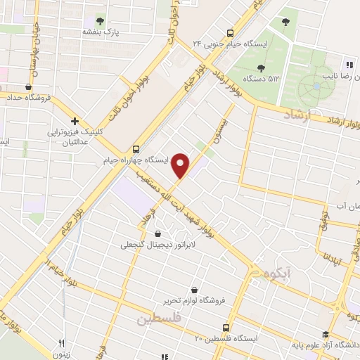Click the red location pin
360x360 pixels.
click(x=181, y=165)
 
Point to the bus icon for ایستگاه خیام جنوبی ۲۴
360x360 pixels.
click(x=230, y=32)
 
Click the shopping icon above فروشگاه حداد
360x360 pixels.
click(x=27, y=87)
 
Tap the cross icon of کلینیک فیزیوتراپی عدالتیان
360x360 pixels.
click(x=75, y=121)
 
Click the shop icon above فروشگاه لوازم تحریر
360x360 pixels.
click(x=195, y=289)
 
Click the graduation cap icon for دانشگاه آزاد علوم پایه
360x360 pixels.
click(x=326, y=334)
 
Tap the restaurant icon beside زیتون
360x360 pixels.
click(x=61, y=344)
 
